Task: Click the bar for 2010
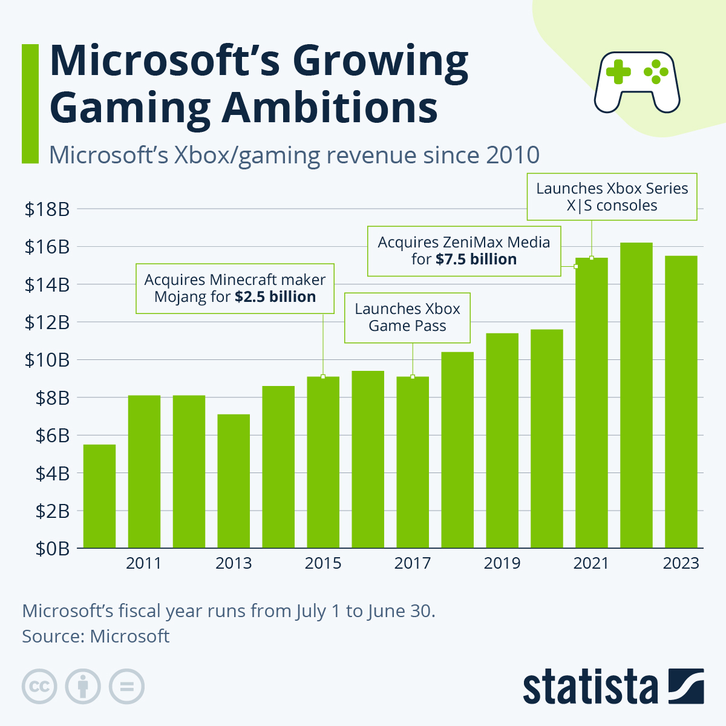coord(99,496)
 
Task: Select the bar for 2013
coord(234,481)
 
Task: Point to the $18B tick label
coord(47,209)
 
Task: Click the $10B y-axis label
coord(47,360)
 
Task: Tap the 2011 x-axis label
coord(144,563)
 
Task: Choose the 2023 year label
coord(681,563)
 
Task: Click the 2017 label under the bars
coord(413,563)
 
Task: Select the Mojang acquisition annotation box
coord(235,289)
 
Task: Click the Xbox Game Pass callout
coord(407,318)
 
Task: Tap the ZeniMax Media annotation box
coord(464,251)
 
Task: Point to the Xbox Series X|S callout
coord(612,197)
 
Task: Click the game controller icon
coord(637,81)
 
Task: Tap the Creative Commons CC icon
coord(39,687)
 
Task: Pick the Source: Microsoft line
coord(96,636)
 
